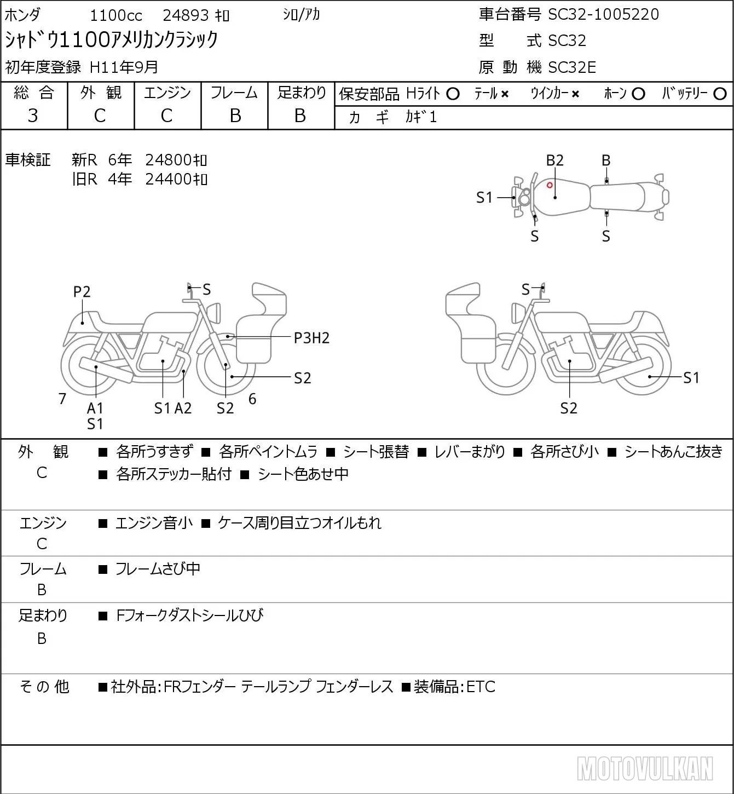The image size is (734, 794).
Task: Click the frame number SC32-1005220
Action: [603, 14]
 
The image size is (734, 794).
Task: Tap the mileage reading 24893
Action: [186, 15]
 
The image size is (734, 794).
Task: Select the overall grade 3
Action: [33, 116]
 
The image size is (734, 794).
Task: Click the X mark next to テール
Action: [505, 94]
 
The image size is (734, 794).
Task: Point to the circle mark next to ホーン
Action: [638, 94]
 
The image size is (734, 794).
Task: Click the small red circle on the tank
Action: [550, 185]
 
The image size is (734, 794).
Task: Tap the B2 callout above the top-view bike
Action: [555, 160]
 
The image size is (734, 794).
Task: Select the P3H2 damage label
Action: [311, 338]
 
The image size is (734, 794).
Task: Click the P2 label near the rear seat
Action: [82, 292]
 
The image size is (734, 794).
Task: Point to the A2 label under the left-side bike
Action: [183, 408]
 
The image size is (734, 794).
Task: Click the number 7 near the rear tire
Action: [62, 399]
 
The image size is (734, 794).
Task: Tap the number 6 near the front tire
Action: [252, 399]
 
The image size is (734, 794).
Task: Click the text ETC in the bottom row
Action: [481, 687]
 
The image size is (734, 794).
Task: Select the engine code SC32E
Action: [572, 67]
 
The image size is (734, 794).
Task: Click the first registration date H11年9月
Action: [124, 67]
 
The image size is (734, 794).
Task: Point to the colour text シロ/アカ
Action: [302, 14]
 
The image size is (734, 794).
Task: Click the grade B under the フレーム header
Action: [235, 116]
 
